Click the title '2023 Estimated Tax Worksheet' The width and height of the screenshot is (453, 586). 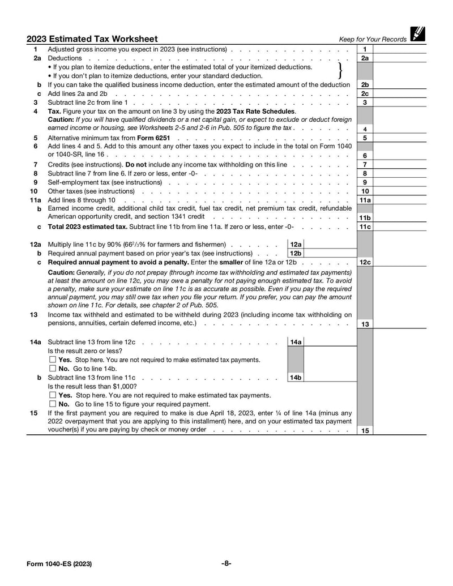(92, 39)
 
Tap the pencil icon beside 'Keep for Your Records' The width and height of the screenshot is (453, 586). (418, 35)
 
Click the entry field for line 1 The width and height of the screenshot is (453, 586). (399, 49)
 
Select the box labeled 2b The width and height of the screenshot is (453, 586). (365, 85)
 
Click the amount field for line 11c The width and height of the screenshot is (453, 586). (399, 227)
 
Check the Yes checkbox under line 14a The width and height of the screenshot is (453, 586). (53, 360)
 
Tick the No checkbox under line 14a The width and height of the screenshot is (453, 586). (53, 369)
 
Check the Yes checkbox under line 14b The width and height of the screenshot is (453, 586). (53, 395)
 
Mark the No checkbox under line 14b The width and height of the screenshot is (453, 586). (53, 404)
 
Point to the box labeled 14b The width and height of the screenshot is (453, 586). (296, 378)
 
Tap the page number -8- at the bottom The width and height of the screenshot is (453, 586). (226, 563)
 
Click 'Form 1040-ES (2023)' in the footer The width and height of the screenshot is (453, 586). (59, 564)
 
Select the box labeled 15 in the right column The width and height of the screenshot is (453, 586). (365, 431)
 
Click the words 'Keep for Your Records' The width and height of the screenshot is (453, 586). (373, 40)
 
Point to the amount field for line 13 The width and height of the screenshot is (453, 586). (399, 324)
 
